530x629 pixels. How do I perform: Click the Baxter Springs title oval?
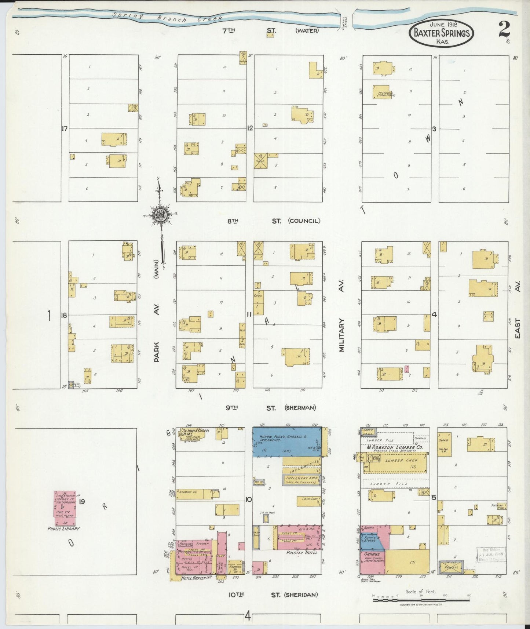coord(441,33)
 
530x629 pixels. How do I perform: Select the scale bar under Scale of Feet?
coord(421,601)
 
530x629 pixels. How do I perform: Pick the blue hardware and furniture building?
coord(286,441)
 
